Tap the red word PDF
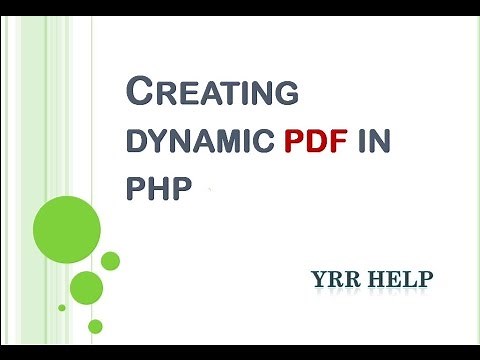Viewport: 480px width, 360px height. pyautogui.click(x=315, y=141)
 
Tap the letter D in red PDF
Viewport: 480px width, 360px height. pyautogui.click(x=314, y=141)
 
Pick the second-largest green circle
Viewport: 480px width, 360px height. pyautogui.click(x=87, y=287)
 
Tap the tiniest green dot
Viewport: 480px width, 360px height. pyautogui.click(x=62, y=306)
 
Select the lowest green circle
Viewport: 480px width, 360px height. pyautogui.click(x=95, y=325)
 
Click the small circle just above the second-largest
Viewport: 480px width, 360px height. pyautogui.click(x=110, y=260)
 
